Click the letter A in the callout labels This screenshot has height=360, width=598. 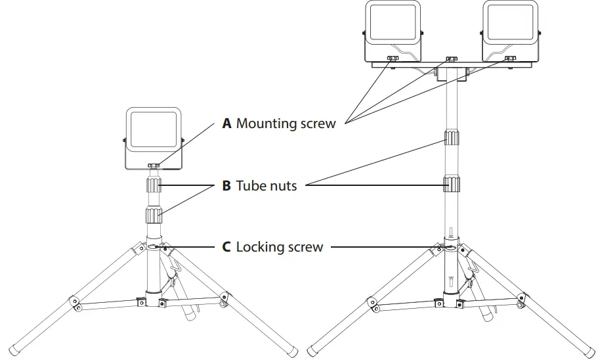pos(227,124)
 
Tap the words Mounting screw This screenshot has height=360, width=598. pos(286,124)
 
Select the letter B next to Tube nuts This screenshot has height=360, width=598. pos(226,186)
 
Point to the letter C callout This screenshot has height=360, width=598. pos(226,247)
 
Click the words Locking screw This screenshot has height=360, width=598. pos(280,247)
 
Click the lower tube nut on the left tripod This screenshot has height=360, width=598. pos(153,215)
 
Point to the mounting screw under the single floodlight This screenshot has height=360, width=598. pos(154,166)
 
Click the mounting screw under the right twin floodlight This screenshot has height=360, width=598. pos(509,60)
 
